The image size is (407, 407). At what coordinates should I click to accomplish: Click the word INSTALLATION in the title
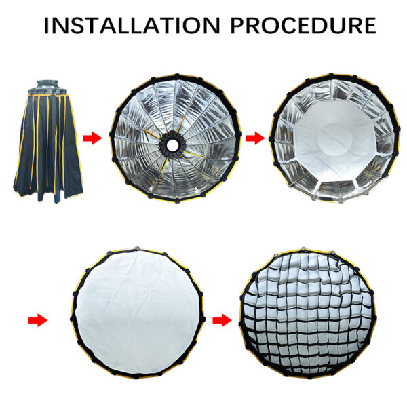pos(132,26)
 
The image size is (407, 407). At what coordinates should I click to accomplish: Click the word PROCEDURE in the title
pos(303,26)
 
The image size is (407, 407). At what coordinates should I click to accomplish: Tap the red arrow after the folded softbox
pos(92,138)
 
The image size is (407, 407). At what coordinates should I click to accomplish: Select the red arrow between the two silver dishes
pos(255,138)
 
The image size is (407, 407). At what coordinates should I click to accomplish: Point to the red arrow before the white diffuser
pos(38,320)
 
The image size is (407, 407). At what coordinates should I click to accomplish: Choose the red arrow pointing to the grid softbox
pos(222,320)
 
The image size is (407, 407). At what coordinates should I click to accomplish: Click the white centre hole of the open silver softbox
pos(172,145)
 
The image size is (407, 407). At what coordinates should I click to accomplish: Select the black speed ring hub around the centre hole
pos(172,145)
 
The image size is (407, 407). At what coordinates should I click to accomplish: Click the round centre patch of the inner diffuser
pos(336,139)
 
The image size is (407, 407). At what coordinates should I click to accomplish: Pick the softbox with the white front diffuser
pos(138,313)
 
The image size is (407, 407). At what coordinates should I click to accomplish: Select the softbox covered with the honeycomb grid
pos(307,313)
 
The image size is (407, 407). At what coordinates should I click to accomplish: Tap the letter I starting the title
pos(46,26)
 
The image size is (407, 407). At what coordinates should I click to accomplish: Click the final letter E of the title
pos(370,26)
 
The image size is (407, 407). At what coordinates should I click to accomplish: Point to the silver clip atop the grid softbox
pos(303,249)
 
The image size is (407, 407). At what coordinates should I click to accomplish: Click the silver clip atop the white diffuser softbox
pos(137,249)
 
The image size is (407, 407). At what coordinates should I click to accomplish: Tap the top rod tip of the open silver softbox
pos(177,75)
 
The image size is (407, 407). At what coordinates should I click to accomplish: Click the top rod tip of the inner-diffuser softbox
pos(331,75)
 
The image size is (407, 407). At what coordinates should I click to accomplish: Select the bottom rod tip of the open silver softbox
pos(177,201)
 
